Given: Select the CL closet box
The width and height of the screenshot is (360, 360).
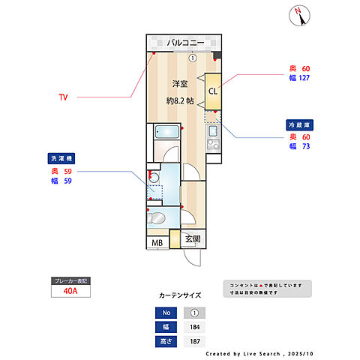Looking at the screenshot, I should pyautogui.click(x=213, y=92).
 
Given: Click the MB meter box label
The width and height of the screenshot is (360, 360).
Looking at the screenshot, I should pyautogui.click(x=157, y=242).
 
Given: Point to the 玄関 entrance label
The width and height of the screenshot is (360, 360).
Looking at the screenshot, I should pyautogui.click(x=192, y=240).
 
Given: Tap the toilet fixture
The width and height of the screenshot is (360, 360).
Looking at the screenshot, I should pyautogui.click(x=157, y=219).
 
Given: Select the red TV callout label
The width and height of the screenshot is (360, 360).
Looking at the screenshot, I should pyautogui.click(x=64, y=97).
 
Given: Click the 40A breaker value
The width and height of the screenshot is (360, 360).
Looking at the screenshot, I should pyautogui.click(x=70, y=291).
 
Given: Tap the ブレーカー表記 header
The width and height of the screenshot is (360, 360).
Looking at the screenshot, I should pyautogui.click(x=70, y=280).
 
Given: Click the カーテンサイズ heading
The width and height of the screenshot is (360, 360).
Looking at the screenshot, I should pyautogui.click(x=179, y=295).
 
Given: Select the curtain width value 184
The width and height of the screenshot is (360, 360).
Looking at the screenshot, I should pyautogui.click(x=193, y=327).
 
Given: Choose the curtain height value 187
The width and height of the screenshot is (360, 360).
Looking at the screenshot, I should pyautogui.click(x=193, y=341).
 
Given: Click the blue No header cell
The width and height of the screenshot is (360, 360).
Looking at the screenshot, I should pyautogui.click(x=167, y=313).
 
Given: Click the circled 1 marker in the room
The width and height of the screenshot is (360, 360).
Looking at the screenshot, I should pyautogui.click(x=192, y=58).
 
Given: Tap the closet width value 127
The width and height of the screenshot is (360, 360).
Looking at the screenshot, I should pyautogui.click(x=304, y=77).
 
